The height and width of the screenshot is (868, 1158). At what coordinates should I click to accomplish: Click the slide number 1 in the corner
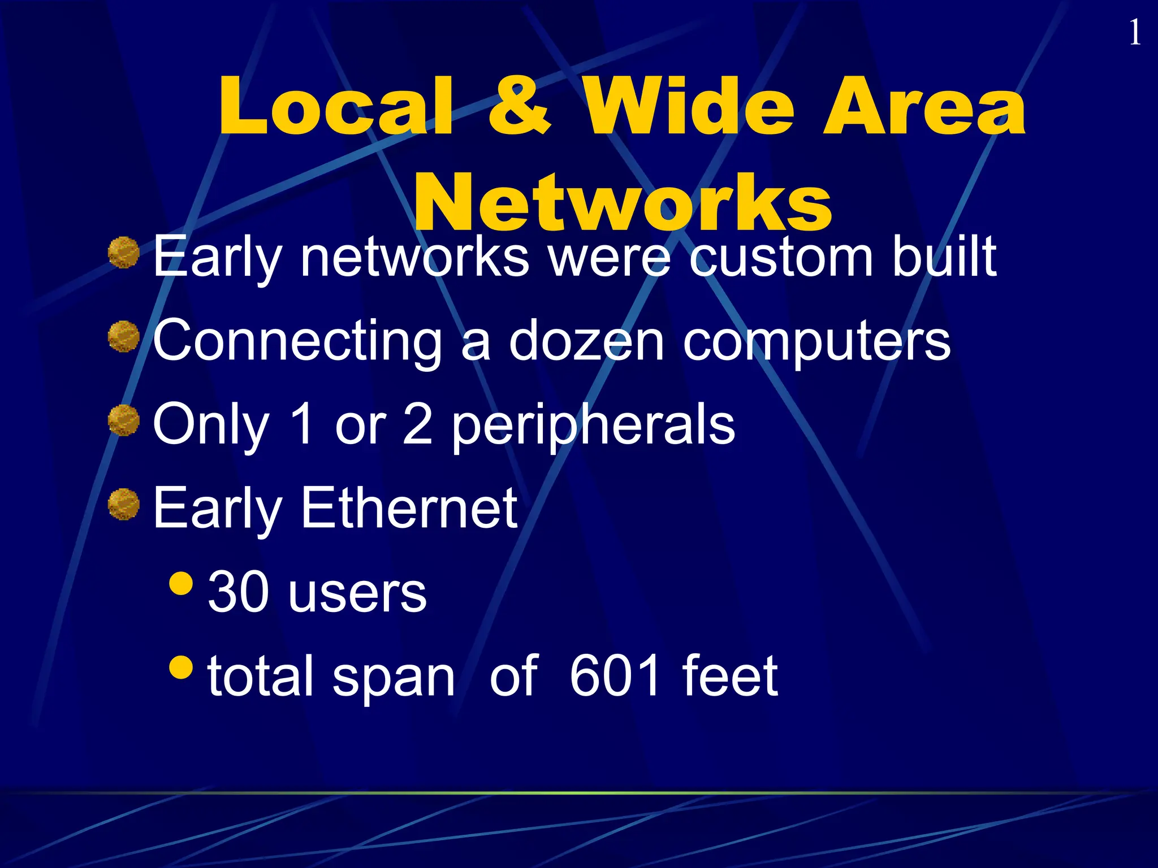1134,33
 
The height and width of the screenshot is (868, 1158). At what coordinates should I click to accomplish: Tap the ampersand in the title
519,107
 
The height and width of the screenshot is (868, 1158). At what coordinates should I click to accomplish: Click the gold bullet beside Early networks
124,253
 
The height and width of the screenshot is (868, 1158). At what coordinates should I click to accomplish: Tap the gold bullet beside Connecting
124,336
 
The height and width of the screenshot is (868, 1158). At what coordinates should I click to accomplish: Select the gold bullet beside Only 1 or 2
124,420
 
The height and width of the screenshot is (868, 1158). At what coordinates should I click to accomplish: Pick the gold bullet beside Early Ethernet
124,504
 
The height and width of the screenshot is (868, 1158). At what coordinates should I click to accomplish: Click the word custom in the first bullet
780,258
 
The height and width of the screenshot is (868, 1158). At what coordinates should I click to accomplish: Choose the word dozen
586,341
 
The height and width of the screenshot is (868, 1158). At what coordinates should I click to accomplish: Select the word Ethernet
409,509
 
